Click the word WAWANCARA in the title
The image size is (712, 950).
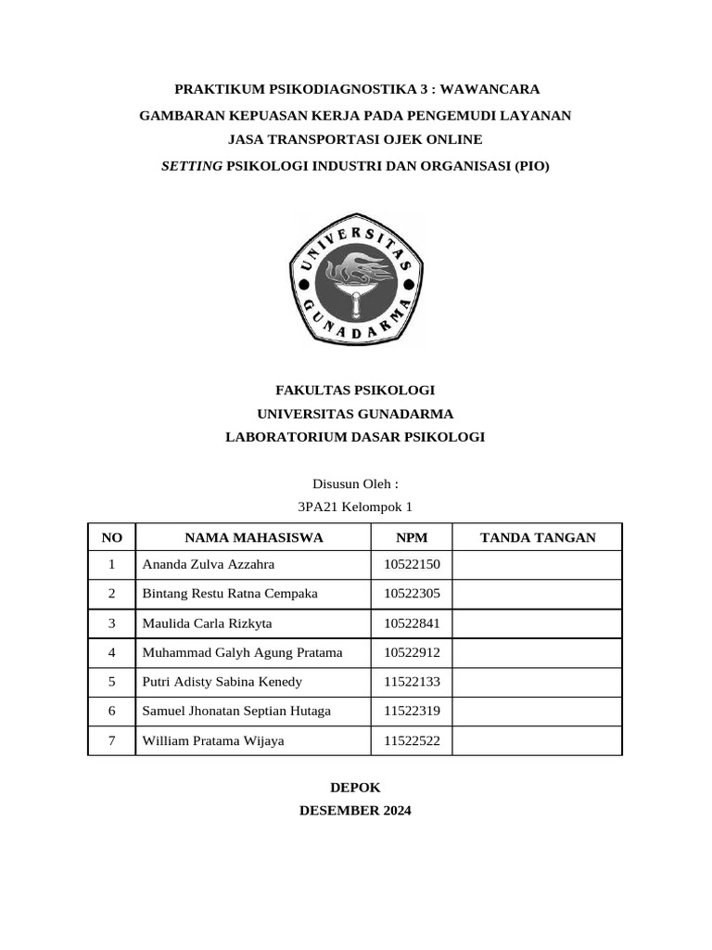click(x=489, y=89)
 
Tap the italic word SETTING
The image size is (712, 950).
click(x=192, y=166)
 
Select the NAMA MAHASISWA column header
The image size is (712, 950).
click(x=253, y=537)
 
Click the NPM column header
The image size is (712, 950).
click(x=411, y=537)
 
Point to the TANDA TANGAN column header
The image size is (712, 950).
click(x=538, y=537)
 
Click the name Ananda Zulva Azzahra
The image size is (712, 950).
click(x=208, y=565)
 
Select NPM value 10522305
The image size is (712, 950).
click(x=412, y=594)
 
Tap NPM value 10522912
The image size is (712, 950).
click(x=412, y=652)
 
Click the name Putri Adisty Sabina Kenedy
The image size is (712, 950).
click(x=222, y=682)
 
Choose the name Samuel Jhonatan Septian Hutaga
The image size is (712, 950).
click(x=235, y=711)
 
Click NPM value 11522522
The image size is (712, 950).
click(x=412, y=740)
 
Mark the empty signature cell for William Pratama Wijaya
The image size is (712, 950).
click(x=538, y=740)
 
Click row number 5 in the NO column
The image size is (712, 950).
click(x=111, y=682)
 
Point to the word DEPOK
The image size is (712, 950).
click(x=355, y=787)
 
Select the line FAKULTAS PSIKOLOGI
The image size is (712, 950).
click(x=355, y=391)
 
